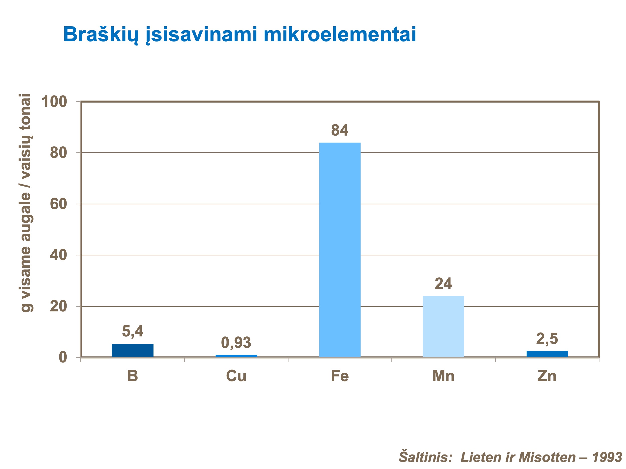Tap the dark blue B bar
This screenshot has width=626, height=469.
click(132, 350)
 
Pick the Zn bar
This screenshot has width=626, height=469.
click(547, 354)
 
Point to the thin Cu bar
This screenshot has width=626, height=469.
click(236, 356)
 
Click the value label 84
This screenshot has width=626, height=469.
click(340, 130)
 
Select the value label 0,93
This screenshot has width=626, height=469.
click(236, 343)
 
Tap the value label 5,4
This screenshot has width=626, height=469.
click(132, 331)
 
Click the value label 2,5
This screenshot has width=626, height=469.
click(547, 339)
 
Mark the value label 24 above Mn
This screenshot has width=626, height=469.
click(443, 284)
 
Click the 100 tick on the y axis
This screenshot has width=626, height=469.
click(54, 102)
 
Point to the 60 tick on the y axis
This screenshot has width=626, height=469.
click(58, 204)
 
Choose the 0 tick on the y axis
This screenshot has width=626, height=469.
click(63, 358)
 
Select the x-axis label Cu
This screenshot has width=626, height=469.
click(236, 376)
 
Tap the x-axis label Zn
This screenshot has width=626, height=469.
click(547, 376)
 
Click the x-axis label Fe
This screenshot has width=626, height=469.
click(340, 376)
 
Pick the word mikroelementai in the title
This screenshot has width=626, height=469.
click(340, 35)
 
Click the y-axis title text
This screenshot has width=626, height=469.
click(26, 203)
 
